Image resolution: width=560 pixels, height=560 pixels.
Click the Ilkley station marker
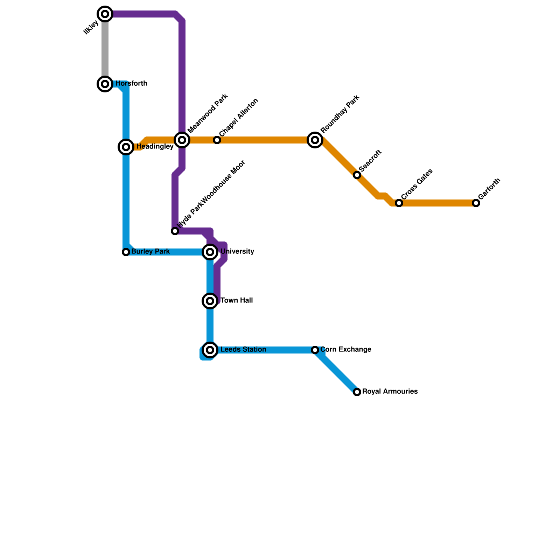(x=105, y=14)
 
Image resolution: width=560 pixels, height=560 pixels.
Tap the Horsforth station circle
(x=105, y=84)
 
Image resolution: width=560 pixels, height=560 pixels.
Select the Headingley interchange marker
(x=126, y=147)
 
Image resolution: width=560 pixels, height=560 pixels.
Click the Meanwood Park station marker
(x=182, y=140)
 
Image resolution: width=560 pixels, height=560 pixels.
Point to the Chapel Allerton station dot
(x=217, y=140)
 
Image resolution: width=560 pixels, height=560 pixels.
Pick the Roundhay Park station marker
(x=315, y=140)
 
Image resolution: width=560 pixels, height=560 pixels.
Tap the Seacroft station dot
(x=357, y=175)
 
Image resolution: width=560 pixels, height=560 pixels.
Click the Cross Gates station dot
(x=399, y=203)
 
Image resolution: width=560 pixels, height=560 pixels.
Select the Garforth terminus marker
(x=476, y=203)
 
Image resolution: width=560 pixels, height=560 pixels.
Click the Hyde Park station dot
(x=175, y=231)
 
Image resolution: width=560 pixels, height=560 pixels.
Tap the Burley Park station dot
(x=126, y=252)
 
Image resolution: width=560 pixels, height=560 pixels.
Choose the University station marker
(x=210, y=252)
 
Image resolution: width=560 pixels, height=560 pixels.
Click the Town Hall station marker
(x=210, y=301)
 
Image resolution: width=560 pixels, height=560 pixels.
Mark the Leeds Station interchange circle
(x=210, y=350)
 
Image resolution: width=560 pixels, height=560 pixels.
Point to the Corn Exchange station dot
(x=315, y=350)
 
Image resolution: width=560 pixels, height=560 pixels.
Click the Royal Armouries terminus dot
(x=357, y=392)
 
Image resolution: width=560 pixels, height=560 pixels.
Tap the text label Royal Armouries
(x=390, y=392)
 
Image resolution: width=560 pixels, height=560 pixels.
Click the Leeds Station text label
(x=243, y=350)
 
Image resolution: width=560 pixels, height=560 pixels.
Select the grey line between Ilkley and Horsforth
(x=105, y=49)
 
